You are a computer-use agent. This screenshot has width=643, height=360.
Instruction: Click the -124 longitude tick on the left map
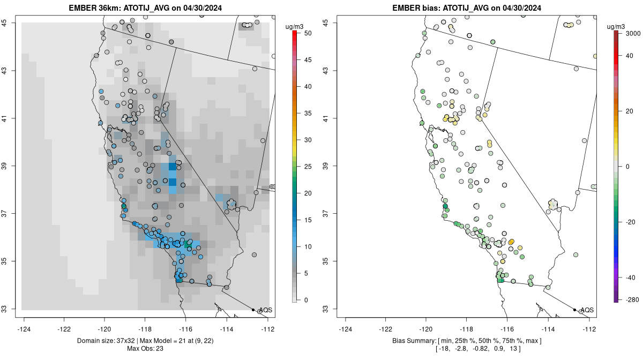coord(24,328)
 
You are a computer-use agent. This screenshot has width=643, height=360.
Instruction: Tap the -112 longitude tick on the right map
coord(589,328)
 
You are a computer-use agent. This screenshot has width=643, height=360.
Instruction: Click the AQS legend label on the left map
coord(265,310)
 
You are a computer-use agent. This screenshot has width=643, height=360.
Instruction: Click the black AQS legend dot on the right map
coord(574,310)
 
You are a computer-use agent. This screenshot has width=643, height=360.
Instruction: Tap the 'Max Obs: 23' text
coord(145,349)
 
